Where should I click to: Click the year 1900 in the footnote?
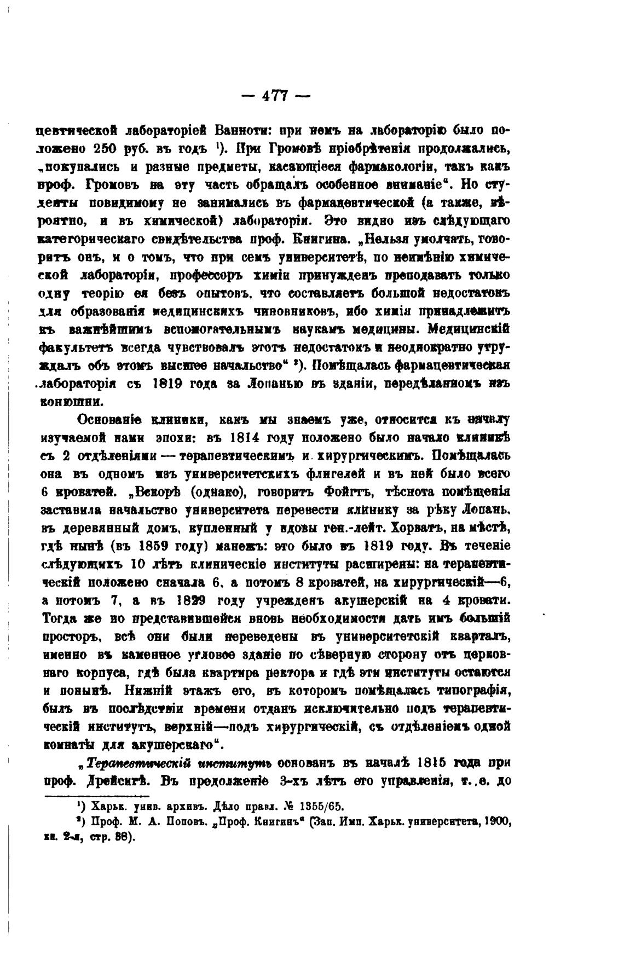click(496, 823)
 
